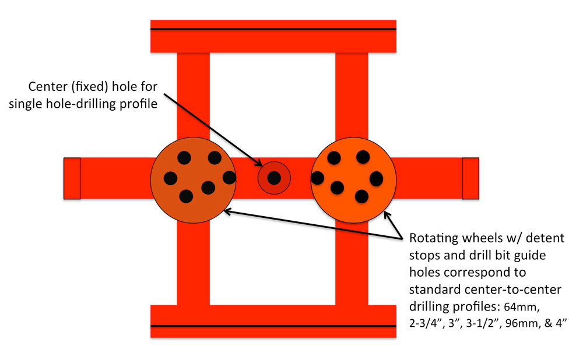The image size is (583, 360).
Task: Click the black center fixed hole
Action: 275,178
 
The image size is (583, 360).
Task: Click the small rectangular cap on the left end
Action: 72,178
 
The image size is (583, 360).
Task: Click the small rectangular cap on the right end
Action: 470,178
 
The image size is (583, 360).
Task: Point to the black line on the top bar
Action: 274,29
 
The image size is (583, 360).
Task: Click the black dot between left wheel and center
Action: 229,177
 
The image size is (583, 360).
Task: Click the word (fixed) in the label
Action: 93,88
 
